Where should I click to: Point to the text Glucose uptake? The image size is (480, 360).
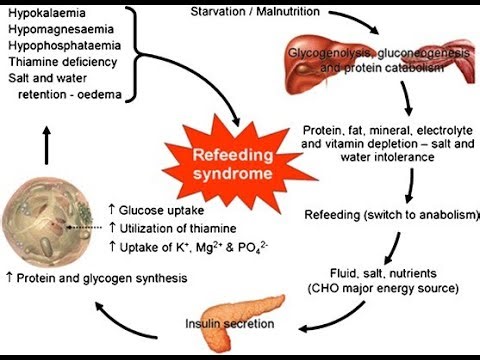click(x=156, y=210)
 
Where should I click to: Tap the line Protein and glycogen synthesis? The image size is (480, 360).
click(x=101, y=277)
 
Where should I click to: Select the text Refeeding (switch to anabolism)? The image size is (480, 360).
click(x=389, y=214)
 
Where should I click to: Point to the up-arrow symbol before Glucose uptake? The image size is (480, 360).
click(x=112, y=210)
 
